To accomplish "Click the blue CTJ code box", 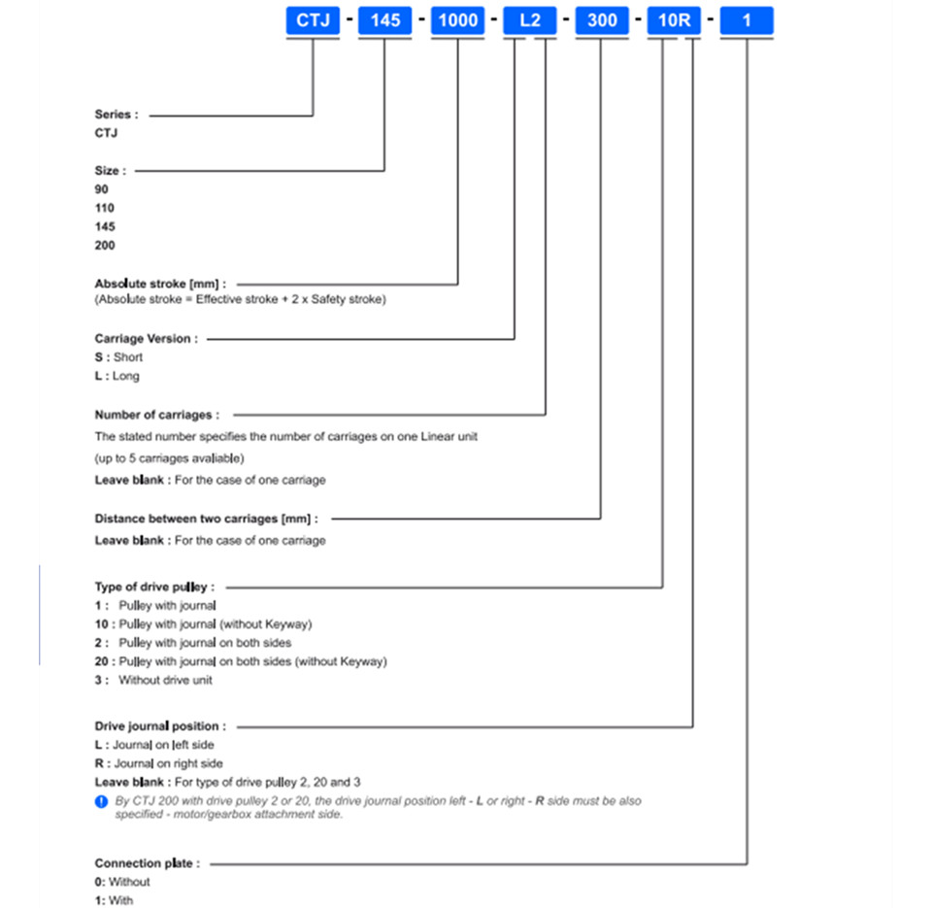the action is pyautogui.click(x=313, y=20).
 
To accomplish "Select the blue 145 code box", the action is pyautogui.click(x=385, y=20).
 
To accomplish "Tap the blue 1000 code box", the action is pyautogui.click(x=457, y=20).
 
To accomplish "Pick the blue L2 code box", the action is pyautogui.click(x=530, y=20).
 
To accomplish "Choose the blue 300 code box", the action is pyautogui.click(x=602, y=20).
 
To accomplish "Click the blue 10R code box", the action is pyautogui.click(x=674, y=20).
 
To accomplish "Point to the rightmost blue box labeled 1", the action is pyautogui.click(x=747, y=20).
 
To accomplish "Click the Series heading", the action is pyautogui.click(x=116, y=115).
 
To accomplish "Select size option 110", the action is pyautogui.click(x=105, y=208).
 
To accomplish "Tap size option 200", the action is pyautogui.click(x=105, y=246).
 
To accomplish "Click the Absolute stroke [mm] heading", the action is pyautogui.click(x=160, y=284).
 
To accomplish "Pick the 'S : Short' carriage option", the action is pyautogui.click(x=118, y=357).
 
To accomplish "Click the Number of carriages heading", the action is pyautogui.click(x=157, y=415).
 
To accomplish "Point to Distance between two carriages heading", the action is pyautogui.click(x=206, y=519).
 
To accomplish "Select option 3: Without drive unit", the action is pyautogui.click(x=153, y=680).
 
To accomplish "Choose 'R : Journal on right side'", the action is pyautogui.click(x=158, y=763).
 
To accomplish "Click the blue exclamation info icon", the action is pyautogui.click(x=102, y=801).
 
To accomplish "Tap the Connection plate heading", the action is pyautogui.click(x=148, y=863).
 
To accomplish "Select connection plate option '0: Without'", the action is pyautogui.click(x=122, y=882).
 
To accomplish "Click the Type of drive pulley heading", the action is pyautogui.click(x=154, y=587).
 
